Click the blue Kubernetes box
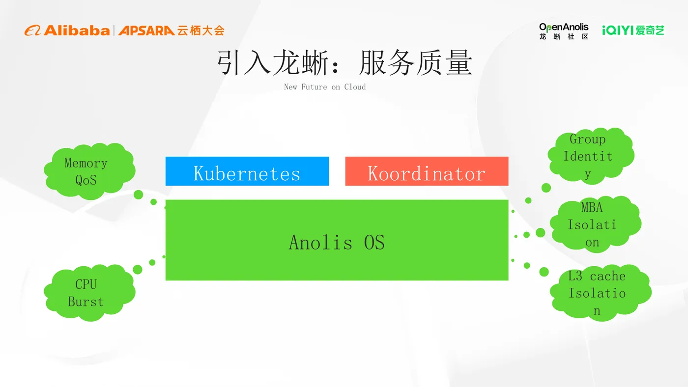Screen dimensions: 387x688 tap(247, 171)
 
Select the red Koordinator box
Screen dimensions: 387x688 tap(427, 171)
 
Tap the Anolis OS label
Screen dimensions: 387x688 tap(337, 243)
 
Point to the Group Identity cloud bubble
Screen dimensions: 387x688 tap(590, 156)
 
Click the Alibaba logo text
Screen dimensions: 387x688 tap(76, 30)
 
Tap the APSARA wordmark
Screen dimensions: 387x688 tap(146, 30)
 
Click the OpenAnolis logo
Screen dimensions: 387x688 tap(564, 30)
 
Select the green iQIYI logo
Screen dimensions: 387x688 tap(633, 30)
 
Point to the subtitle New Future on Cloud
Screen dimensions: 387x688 tap(325, 87)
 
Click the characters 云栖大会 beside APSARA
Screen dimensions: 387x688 tap(201, 30)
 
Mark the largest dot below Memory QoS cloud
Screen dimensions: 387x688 tap(138, 194)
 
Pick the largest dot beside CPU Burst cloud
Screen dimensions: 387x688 tap(138, 270)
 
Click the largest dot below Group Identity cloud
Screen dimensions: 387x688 tap(546, 188)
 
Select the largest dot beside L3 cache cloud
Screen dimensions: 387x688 tap(544, 272)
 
